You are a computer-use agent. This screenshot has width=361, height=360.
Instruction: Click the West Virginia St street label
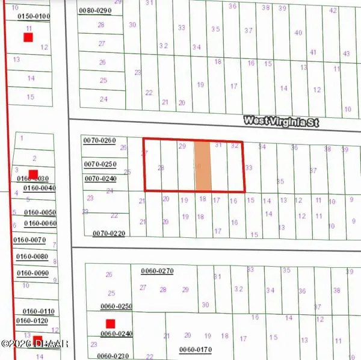280,121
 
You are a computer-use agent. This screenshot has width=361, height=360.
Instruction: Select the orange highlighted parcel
203,167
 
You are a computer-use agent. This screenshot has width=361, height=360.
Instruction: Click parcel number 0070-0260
99,140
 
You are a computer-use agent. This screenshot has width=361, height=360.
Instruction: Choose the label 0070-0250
99,164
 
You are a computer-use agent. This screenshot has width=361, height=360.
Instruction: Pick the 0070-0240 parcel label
99,178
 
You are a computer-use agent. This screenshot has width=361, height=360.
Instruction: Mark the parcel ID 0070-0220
109,233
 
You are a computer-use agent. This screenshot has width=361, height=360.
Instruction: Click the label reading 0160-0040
39,188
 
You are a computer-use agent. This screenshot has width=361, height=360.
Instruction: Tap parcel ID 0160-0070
30,240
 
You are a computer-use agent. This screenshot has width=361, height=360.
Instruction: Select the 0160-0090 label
32,273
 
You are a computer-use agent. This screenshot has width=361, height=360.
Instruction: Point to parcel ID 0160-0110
35,311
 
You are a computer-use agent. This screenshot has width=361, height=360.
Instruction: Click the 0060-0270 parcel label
157,271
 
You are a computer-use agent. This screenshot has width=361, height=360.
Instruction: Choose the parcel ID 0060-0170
196,349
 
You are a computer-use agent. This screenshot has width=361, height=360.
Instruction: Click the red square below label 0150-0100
28,37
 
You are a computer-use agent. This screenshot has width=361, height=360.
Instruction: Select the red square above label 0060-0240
110,323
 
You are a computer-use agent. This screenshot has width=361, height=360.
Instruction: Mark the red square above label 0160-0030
34,174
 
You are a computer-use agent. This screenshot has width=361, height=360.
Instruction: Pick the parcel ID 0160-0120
32,321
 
